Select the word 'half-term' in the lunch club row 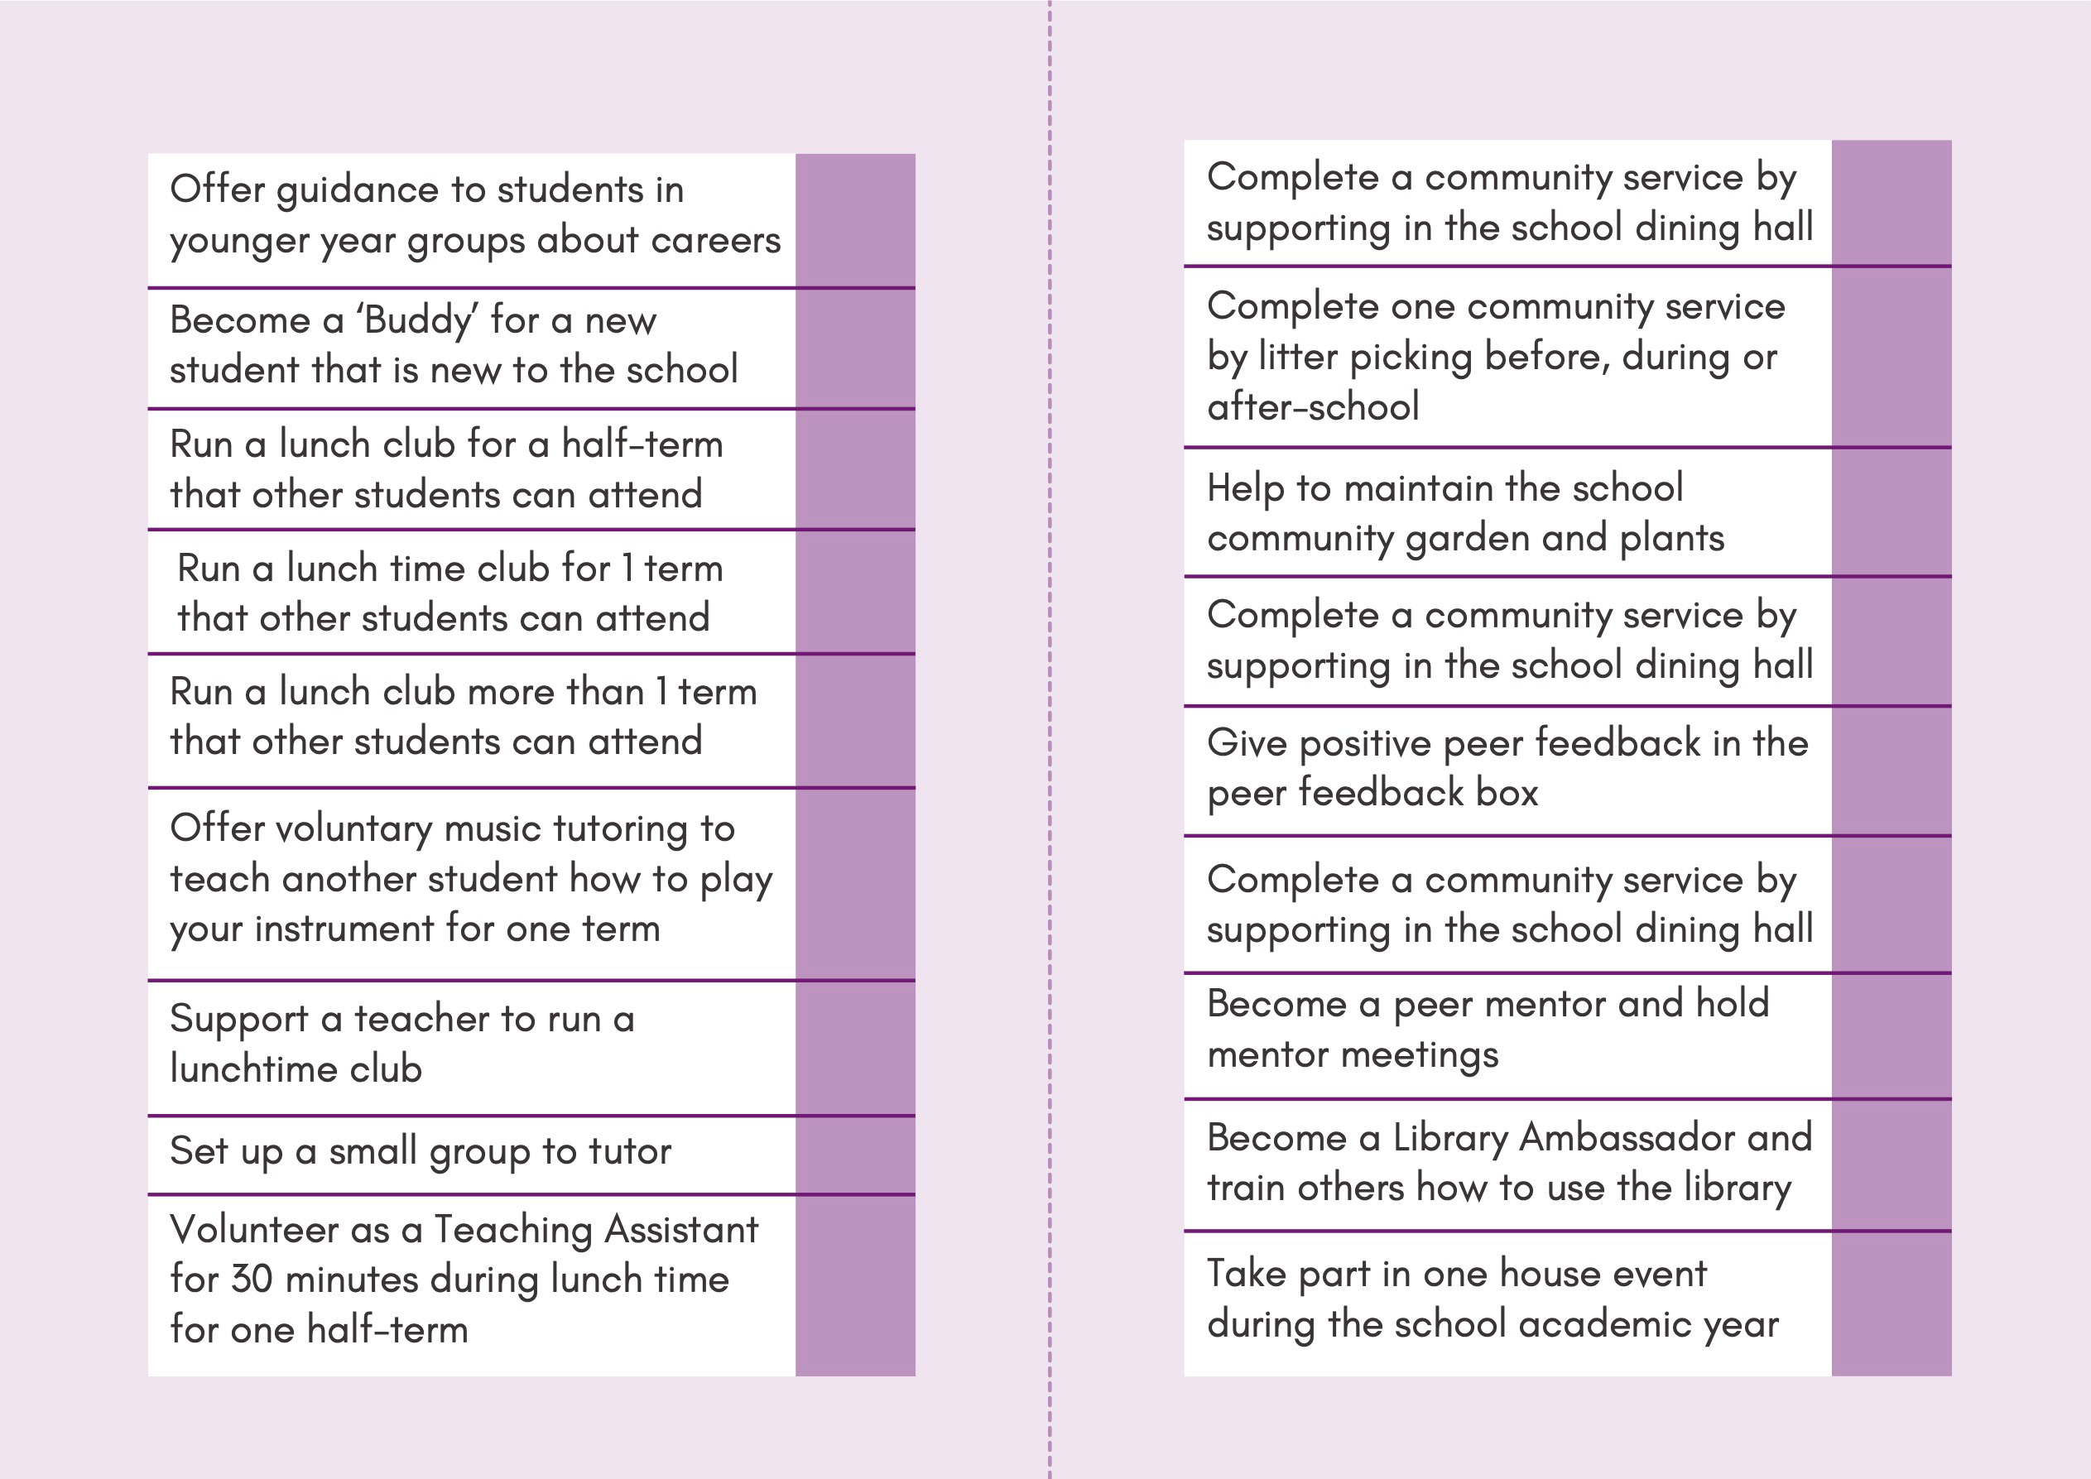[642, 444]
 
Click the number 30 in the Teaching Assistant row [252, 1280]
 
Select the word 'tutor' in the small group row [629, 1151]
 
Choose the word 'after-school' [1312, 406]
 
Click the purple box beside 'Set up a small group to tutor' [854, 1154]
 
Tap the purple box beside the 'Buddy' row [854, 348]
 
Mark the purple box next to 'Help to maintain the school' [1891, 511]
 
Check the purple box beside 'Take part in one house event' [1891, 1304]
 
